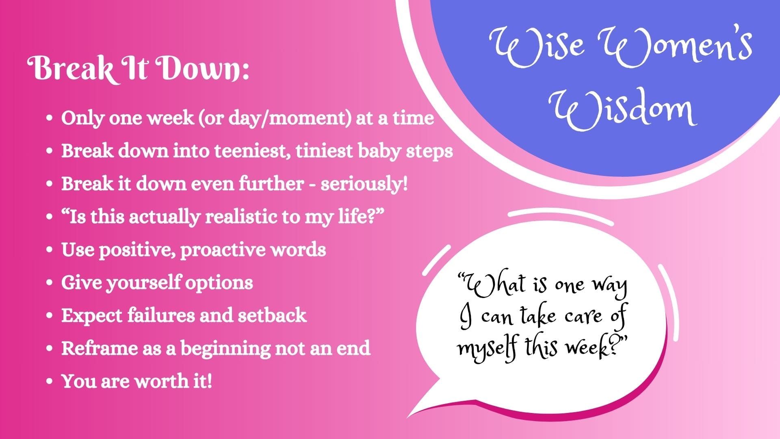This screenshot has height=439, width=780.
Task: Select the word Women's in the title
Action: (675, 48)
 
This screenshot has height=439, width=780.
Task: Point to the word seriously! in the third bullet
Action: (364, 184)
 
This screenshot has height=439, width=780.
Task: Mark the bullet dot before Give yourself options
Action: (50, 283)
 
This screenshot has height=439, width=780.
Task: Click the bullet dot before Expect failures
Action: (50, 315)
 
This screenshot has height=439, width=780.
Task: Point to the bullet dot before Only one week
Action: (50, 118)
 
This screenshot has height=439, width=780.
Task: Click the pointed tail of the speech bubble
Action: (407, 417)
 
